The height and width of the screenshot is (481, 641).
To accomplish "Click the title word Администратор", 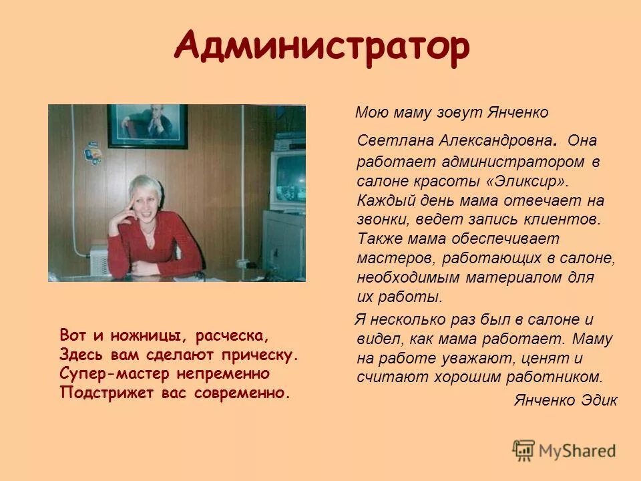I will click(321, 47).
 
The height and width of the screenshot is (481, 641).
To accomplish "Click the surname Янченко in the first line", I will click(516, 113).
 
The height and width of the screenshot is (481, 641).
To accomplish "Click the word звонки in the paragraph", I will click(383, 218).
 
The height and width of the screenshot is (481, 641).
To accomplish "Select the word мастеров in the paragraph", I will click(389, 257).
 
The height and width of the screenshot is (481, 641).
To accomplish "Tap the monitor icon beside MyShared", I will click(524, 450).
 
